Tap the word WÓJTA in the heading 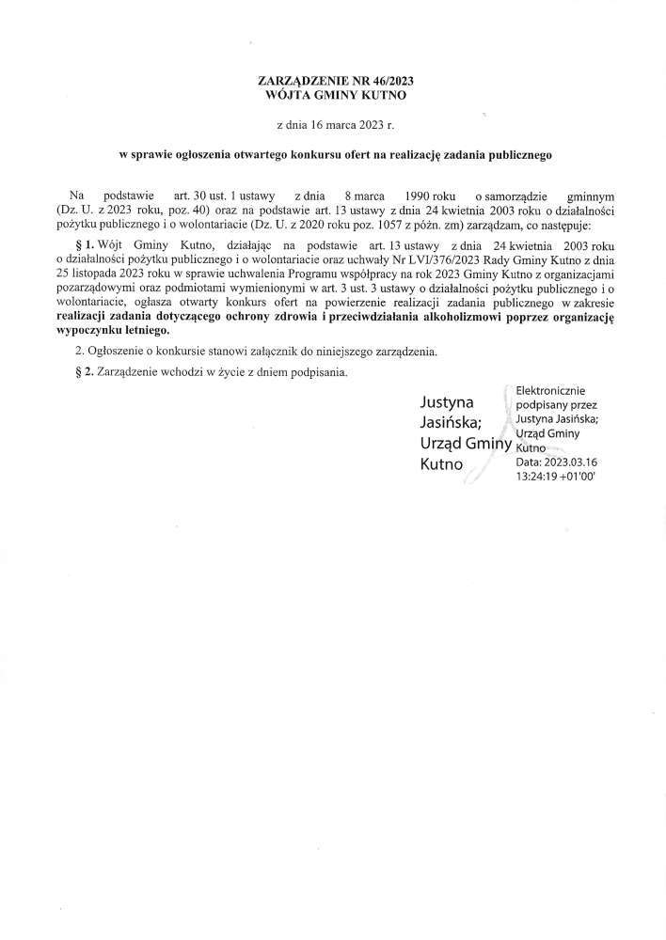[x=291, y=96]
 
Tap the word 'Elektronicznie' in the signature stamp [x=559, y=390]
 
